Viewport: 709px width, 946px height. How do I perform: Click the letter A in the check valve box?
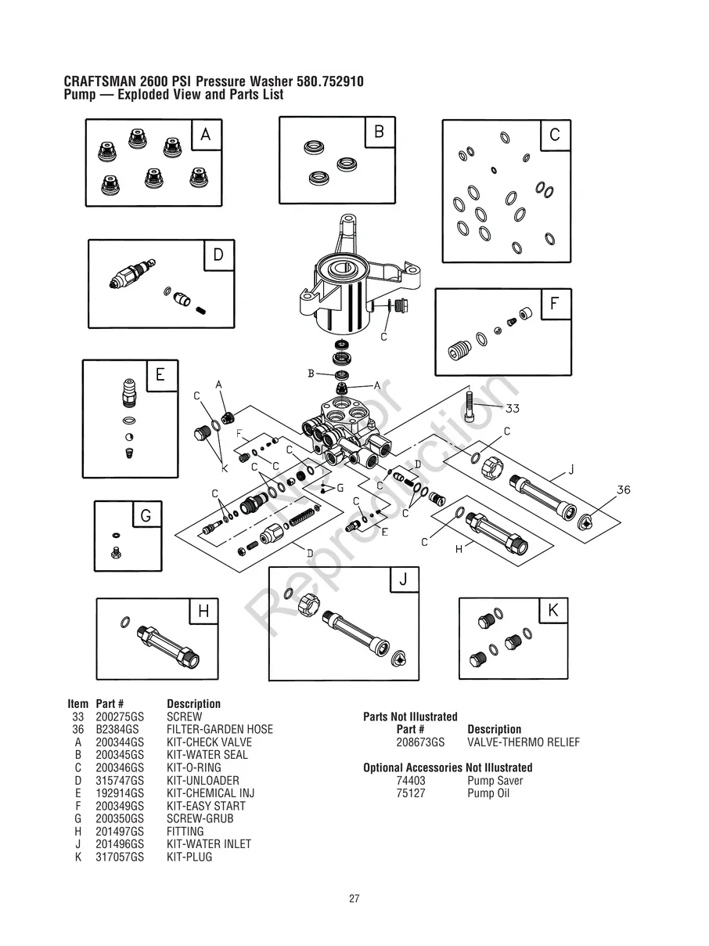[x=206, y=135]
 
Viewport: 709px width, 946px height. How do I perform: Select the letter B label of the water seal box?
[x=379, y=132]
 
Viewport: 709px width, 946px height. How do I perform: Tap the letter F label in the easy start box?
[x=554, y=304]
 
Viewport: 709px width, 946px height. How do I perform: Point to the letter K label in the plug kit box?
[x=553, y=611]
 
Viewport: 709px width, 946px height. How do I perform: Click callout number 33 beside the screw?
[x=513, y=408]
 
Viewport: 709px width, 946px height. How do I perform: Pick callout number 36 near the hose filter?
[x=623, y=489]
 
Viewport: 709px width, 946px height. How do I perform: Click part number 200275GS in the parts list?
[x=115, y=717]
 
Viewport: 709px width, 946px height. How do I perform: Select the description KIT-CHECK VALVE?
[x=209, y=742]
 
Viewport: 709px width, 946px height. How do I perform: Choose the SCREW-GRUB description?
[x=200, y=819]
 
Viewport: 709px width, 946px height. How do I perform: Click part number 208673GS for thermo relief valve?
[x=420, y=742]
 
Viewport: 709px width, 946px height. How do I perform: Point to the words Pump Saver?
[x=495, y=781]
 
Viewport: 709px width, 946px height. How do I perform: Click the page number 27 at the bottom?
[x=354, y=899]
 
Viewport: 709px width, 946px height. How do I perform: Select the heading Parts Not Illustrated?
[x=410, y=717]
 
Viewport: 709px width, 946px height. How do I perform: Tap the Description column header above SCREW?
[x=193, y=704]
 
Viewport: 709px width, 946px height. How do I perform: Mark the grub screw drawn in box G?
[x=116, y=552]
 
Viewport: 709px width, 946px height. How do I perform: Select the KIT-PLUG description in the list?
[x=189, y=858]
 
